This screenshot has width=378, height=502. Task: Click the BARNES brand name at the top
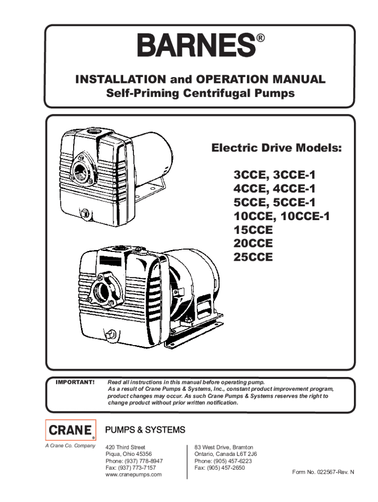196,46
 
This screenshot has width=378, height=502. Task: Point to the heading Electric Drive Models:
277,148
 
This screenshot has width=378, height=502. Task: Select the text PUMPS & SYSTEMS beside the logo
146,430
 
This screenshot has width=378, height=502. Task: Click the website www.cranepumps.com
134,475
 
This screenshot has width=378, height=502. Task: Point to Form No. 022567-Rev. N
323,472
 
